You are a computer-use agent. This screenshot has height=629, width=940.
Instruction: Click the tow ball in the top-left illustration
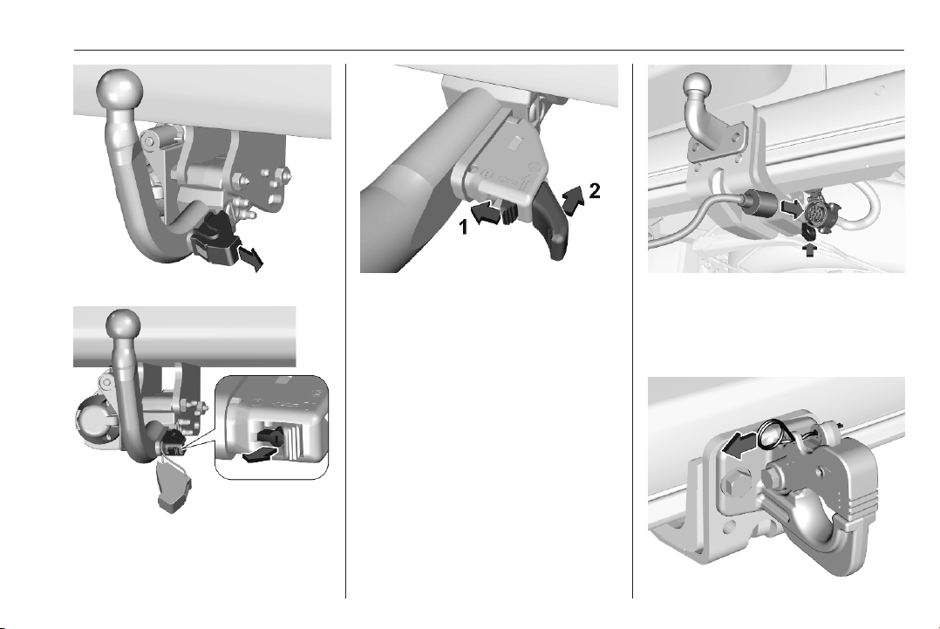[x=120, y=91]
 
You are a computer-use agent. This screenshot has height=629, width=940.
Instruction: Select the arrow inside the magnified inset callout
[x=262, y=455]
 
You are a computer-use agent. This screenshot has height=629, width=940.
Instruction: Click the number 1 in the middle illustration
[x=463, y=228]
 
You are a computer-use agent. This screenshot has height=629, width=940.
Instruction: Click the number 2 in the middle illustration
[x=594, y=191]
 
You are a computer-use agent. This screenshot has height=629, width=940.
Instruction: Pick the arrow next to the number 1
[x=485, y=214]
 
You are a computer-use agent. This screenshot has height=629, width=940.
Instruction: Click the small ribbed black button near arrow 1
[x=509, y=212]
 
